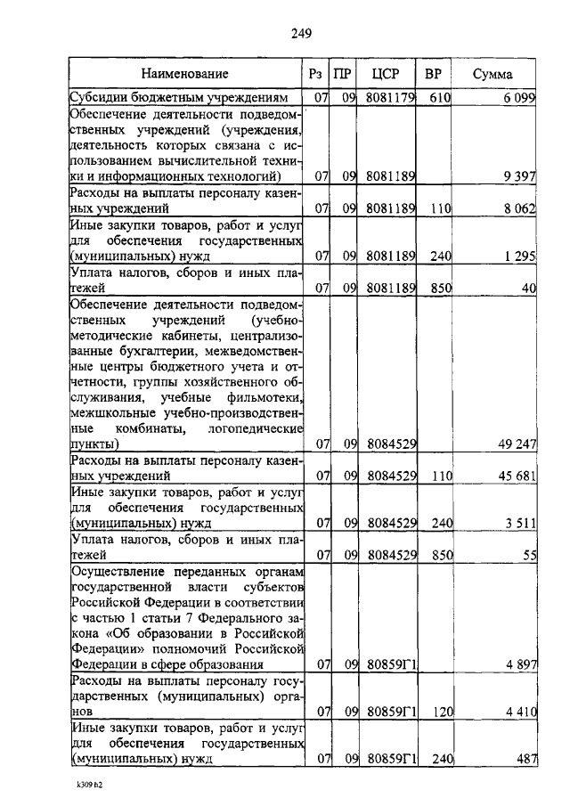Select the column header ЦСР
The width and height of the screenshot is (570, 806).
(x=389, y=74)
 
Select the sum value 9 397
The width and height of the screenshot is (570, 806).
(x=517, y=176)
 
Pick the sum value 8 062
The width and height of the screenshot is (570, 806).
(x=517, y=208)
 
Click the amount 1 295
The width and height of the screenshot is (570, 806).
(x=517, y=256)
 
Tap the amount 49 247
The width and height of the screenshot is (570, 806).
(x=514, y=444)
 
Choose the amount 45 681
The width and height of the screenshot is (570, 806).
(x=514, y=476)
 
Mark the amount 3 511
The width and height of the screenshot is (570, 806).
(x=517, y=524)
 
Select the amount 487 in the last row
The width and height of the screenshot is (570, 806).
(x=523, y=759)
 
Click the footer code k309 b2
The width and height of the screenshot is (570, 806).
(x=90, y=786)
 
